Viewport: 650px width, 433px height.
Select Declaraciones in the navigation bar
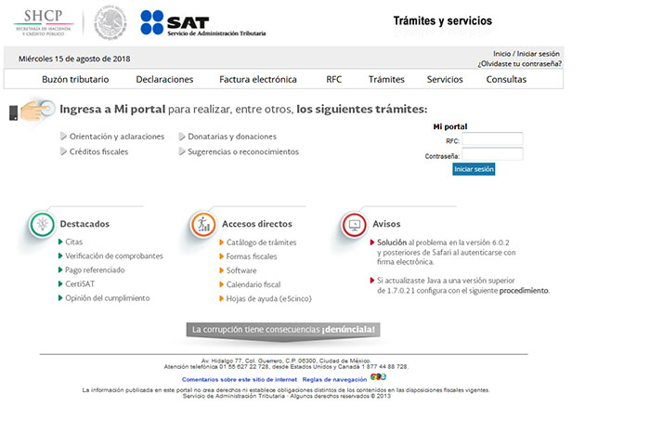(164, 80)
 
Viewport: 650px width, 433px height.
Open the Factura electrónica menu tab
(258, 80)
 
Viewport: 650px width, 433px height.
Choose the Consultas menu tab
(506, 80)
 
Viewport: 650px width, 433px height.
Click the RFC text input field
(492, 139)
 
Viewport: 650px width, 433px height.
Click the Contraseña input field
(492, 154)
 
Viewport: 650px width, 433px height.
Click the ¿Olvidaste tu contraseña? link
(519, 64)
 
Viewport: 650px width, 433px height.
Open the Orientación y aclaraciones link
(116, 137)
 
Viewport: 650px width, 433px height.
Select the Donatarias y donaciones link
(232, 137)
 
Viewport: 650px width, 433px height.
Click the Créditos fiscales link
(98, 151)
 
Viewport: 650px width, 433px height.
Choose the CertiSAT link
(81, 284)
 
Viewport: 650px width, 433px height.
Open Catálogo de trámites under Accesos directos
(261, 243)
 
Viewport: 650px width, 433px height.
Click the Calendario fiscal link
(253, 284)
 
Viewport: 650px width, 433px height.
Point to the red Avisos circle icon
(353, 225)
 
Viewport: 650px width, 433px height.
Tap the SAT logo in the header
(202, 23)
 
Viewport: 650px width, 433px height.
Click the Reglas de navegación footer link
(334, 379)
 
